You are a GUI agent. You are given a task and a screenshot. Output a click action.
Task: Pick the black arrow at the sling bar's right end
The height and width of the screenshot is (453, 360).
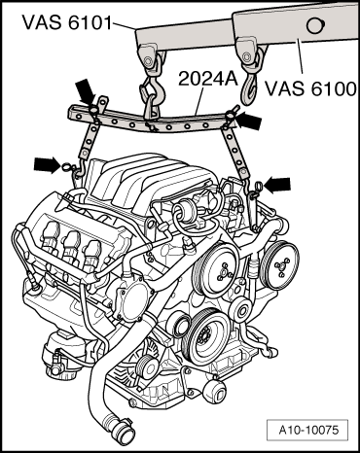pyautogui.click(x=250, y=120)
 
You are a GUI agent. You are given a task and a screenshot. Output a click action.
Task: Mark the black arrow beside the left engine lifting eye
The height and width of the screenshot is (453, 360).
pyautogui.click(x=47, y=163)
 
